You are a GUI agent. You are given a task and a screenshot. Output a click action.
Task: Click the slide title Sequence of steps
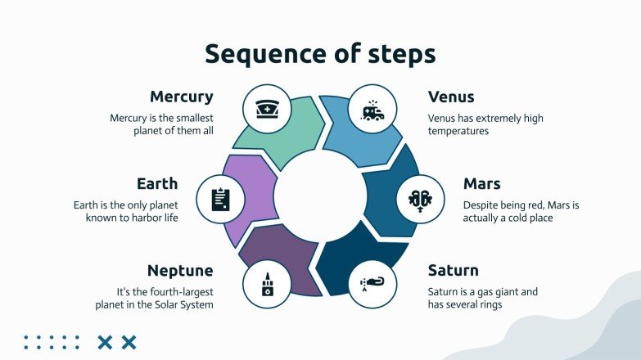coord(320,54)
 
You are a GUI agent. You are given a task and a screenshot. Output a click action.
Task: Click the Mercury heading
coord(181,97)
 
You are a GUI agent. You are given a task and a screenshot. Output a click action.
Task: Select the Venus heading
coord(451,97)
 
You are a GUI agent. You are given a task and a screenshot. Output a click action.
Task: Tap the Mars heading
coord(447,183)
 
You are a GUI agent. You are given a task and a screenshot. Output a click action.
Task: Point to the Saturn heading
coord(453,270)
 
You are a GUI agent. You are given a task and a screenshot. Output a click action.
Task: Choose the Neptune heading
coord(180,270)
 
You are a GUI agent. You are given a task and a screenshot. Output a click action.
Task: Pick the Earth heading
coord(157,183)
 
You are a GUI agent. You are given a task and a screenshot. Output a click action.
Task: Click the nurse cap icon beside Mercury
coord(267,109)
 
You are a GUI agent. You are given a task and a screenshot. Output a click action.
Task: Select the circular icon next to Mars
coord(425,198)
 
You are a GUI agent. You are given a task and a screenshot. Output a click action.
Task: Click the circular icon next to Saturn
coord(372,285)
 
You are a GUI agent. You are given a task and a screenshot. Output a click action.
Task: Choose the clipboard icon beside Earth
coord(220,198)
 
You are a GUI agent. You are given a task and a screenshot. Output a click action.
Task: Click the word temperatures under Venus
coord(458,131)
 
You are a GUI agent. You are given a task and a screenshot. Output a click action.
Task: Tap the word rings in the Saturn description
coord(487,304)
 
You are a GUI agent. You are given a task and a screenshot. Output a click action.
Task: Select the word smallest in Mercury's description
coord(187,118)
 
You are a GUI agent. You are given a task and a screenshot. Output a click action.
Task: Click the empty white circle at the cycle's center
coord(320,197)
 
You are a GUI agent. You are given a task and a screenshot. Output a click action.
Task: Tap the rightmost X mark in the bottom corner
coord(129,342)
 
